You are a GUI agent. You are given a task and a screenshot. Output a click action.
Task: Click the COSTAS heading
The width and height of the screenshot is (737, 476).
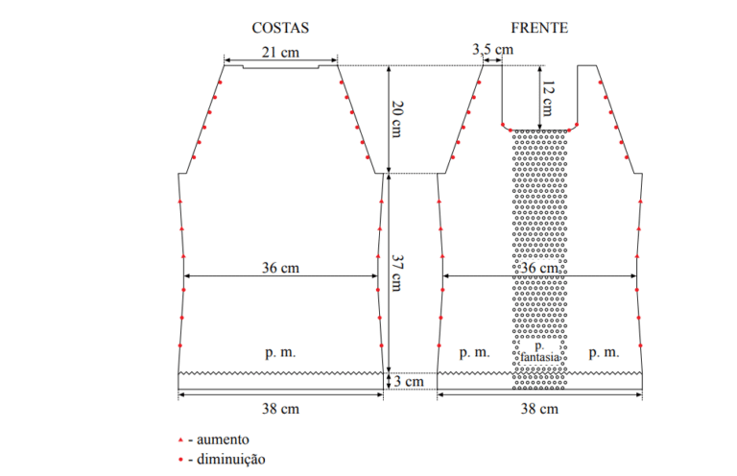pos(280,28)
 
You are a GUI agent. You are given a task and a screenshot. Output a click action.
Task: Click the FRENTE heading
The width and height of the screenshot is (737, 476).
pos(539,28)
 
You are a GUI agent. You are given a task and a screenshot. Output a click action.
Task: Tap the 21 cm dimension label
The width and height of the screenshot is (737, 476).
pos(280,52)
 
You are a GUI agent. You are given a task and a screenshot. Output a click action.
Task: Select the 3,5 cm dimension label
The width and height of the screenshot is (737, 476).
pos(492,49)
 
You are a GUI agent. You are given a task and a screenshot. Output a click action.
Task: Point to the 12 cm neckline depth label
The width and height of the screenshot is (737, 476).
pos(548,99)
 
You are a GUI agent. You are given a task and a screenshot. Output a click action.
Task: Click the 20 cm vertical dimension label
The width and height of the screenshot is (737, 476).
pos(397,119)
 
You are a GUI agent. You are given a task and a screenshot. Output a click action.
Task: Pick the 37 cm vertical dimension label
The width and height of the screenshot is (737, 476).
pos(397,274)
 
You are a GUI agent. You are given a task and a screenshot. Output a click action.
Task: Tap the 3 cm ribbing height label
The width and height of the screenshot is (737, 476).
pos(409,381)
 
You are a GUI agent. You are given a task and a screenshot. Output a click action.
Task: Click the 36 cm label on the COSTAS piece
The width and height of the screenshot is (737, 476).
pos(280,268)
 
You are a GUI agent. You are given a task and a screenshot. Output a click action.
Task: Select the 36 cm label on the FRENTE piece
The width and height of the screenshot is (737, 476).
pos(539,268)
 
